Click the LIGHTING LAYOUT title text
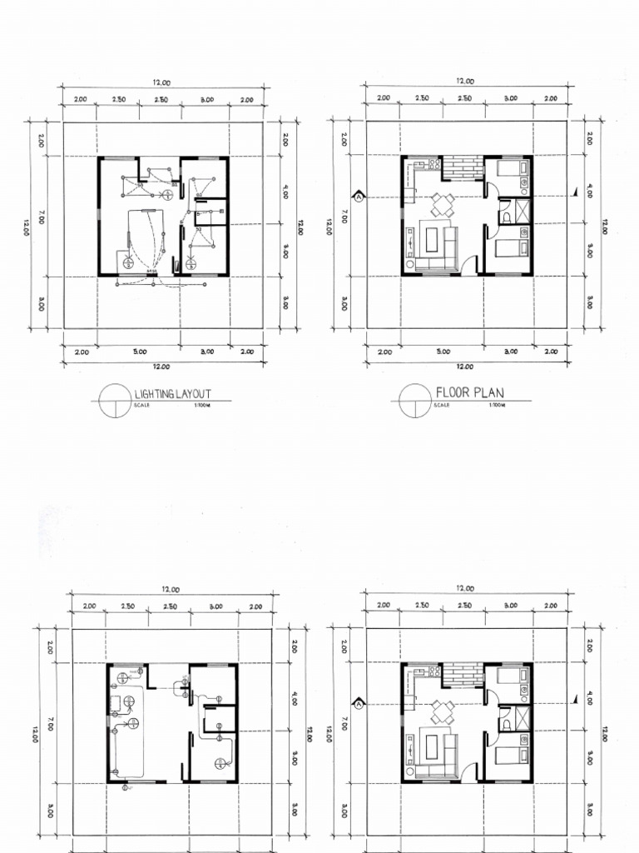pyautogui.click(x=172, y=393)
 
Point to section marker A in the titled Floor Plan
pyautogui.click(x=359, y=197)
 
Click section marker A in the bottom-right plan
pyautogui.click(x=359, y=704)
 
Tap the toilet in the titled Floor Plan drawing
pyautogui.click(x=505, y=218)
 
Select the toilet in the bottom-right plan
pyautogui.click(x=505, y=725)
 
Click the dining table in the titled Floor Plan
pyautogui.click(x=442, y=203)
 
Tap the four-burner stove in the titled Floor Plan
pyautogui.click(x=433, y=164)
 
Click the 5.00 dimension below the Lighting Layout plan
pyautogui.click(x=139, y=352)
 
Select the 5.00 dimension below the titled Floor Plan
pyautogui.click(x=442, y=352)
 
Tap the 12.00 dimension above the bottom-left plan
pyautogui.click(x=172, y=589)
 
